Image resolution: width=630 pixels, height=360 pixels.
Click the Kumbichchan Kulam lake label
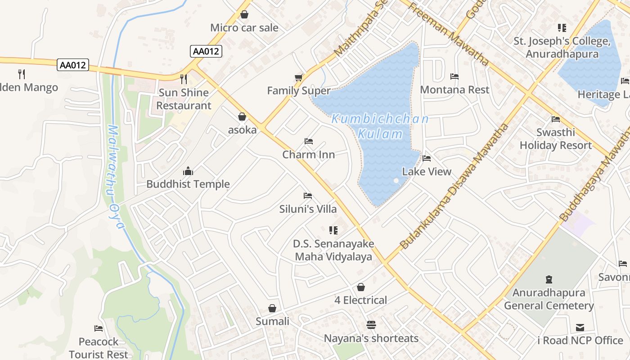click(380, 126)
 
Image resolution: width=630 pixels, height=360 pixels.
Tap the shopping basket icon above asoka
click(242, 117)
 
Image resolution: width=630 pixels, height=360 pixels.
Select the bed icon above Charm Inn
click(308, 141)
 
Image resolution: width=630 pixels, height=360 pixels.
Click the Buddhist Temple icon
click(188, 171)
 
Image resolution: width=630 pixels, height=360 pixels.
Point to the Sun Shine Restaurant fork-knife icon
click(183, 79)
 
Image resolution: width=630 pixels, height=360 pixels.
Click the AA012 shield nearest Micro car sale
click(206, 51)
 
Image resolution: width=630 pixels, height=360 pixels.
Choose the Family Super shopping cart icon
click(298, 78)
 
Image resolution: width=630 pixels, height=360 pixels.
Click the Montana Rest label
click(454, 90)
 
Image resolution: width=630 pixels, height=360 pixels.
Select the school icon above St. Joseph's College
click(562, 28)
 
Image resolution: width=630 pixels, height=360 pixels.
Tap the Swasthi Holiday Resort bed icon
click(556, 119)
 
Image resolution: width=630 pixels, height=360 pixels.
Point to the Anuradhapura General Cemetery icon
click(549, 279)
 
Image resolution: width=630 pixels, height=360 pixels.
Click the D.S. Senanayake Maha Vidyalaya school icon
click(333, 230)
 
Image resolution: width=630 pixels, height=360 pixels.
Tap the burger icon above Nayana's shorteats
click(371, 324)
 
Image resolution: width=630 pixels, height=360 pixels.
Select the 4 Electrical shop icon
click(361, 287)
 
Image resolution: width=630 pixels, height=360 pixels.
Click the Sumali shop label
click(272, 321)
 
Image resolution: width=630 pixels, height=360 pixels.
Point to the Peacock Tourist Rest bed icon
click(99, 328)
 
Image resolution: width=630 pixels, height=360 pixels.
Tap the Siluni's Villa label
click(308, 209)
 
